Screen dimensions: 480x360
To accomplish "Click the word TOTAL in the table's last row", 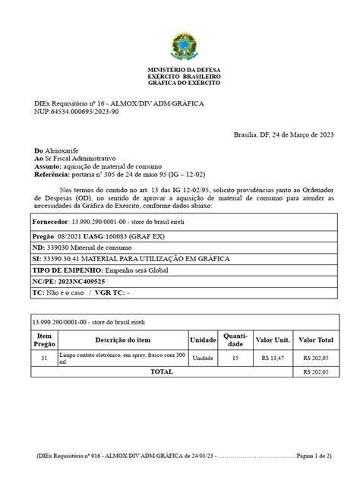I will point(161,372).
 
